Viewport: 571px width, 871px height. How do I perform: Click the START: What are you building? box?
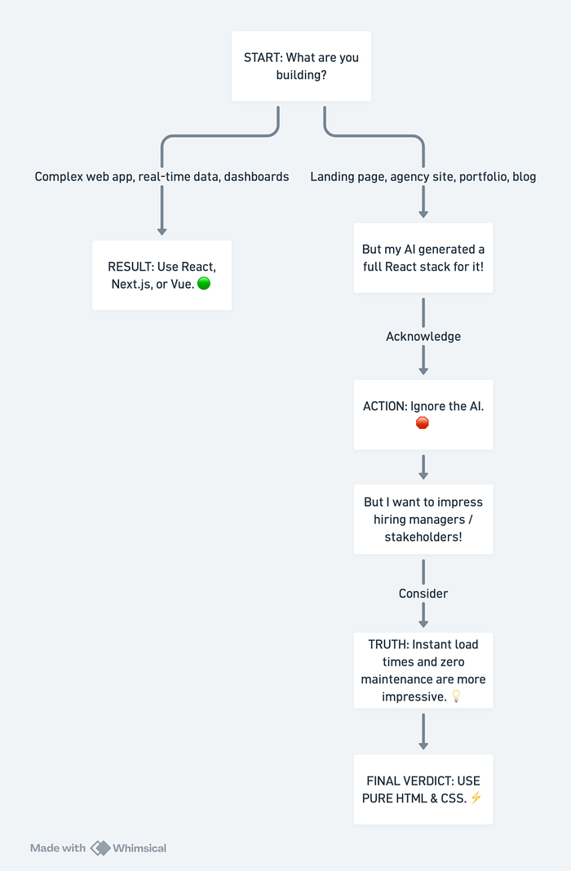tap(301, 66)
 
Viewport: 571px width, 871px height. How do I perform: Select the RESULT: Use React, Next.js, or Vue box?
tap(162, 276)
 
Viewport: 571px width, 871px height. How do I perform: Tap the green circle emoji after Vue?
tap(204, 284)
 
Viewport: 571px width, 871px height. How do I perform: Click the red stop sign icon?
tap(423, 423)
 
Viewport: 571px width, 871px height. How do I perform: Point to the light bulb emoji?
tap(456, 696)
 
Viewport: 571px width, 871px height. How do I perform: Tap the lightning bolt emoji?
tap(476, 798)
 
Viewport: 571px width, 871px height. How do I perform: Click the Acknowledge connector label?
tap(423, 337)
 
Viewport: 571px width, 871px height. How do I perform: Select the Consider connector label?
tap(423, 594)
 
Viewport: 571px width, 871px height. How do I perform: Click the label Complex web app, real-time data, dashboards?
tap(162, 177)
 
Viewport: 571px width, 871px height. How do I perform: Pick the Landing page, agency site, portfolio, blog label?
tap(423, 177)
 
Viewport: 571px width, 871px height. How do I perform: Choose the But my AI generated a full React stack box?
tap(423, 258)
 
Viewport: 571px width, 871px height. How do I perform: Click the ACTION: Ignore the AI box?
tap(423, 415)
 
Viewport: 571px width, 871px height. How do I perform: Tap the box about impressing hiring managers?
tap(423, 520)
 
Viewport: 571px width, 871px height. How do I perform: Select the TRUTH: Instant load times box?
tap(423, 670)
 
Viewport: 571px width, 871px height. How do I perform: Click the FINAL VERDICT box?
tap(423, 789)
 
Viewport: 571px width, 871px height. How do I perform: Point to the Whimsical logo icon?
tap(100, 848)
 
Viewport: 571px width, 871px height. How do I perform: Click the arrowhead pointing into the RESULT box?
tap(162, 231)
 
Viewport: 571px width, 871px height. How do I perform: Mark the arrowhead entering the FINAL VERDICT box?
tap(423, 745)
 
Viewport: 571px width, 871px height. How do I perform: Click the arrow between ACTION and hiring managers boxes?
tap(423, 467)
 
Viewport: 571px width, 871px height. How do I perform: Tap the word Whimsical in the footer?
tap(139, 848)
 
